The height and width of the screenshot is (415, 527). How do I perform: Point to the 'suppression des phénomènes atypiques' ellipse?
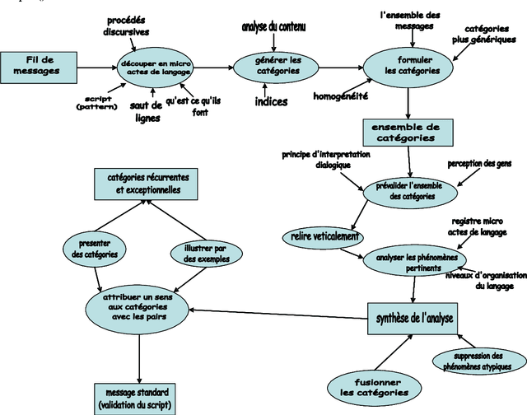(478, 361)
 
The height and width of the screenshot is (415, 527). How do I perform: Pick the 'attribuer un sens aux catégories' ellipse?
(138, 305)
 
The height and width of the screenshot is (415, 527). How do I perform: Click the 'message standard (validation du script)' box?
(136, 398)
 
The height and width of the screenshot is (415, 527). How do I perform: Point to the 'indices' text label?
(270, 103)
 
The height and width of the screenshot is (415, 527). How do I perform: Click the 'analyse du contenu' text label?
(273, 28)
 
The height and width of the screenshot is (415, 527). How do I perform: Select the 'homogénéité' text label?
(340, 96)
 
